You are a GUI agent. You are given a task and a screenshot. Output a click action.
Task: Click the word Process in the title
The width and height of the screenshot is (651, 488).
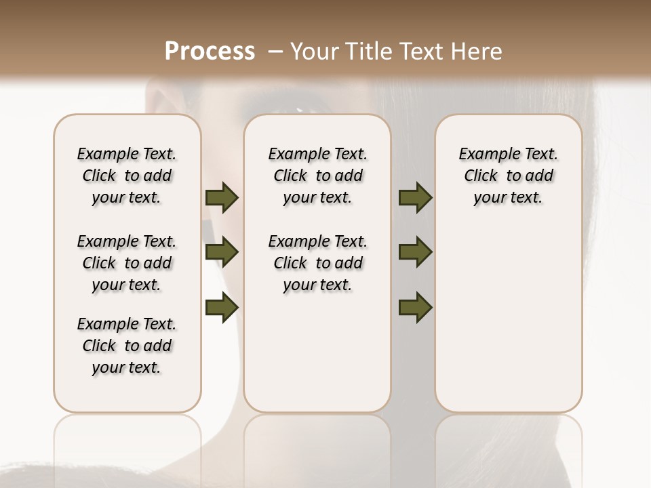(x=210, y=52)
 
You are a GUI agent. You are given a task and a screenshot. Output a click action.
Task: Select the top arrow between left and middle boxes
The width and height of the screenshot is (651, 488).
(x=222, y=198)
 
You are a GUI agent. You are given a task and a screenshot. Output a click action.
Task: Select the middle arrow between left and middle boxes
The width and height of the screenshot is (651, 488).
(x=222, y=253)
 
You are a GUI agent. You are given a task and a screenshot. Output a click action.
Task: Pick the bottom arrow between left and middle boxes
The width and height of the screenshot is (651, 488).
(x=222, y=308)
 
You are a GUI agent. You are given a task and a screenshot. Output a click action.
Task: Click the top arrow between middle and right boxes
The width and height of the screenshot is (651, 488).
(x=415, y=198)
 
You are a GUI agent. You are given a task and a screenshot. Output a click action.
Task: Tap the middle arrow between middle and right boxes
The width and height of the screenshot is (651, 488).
(x=415, y=253)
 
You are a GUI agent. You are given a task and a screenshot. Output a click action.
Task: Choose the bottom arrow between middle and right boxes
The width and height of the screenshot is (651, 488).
(x=415, y=308)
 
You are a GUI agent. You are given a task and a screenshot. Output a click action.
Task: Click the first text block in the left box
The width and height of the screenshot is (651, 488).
(x=127, y=176)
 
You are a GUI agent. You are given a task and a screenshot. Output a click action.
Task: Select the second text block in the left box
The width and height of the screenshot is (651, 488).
(x=127, y=263)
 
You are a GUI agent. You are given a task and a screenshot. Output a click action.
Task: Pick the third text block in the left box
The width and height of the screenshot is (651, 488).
(x=127, y=346)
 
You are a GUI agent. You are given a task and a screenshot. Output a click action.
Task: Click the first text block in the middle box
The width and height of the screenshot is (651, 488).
(x=317, y=176)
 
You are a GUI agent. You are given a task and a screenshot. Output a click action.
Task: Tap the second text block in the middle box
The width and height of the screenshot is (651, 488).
(x=317, y=263)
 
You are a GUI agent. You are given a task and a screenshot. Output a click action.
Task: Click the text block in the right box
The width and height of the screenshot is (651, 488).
(x=508, y=176)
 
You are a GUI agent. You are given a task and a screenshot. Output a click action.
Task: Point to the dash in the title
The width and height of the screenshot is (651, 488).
(x=275, y=52)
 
